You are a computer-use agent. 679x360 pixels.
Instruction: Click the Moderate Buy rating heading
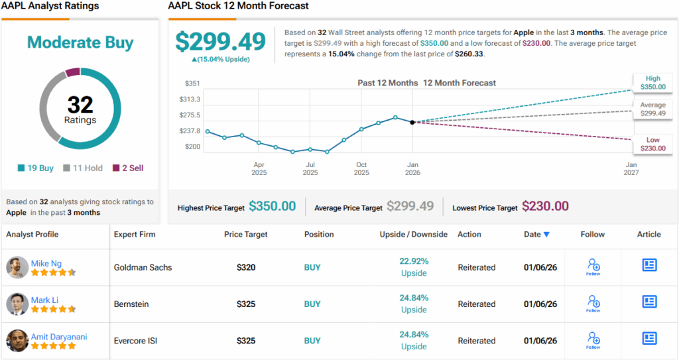pos(80,43)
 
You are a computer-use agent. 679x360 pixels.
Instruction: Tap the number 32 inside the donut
pos(80,104)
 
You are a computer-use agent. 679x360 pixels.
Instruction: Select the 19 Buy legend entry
pos(36,168)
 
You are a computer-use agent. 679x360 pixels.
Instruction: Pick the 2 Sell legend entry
pos(128,168)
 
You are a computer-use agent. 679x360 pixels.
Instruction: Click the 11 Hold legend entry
pos(83,168)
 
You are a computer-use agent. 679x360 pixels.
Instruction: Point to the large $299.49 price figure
pos(220,41)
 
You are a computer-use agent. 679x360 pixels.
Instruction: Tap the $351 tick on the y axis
pos(193,84)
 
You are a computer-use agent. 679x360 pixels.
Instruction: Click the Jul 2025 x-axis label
pos(310,168)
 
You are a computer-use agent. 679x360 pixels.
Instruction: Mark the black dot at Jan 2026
pos(412,122)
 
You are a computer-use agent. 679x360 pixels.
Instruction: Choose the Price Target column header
pos(246,234)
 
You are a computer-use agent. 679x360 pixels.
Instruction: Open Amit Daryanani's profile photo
pos(17,341)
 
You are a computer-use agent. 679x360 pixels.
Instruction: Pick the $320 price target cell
pos(247,268)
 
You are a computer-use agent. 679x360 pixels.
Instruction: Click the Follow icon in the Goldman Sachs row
pos(593,267)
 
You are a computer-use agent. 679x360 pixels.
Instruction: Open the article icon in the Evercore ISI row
pos(649,338)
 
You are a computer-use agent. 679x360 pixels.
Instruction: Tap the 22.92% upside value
pos(414,261)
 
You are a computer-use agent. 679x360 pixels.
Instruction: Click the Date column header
pos(536,234)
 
